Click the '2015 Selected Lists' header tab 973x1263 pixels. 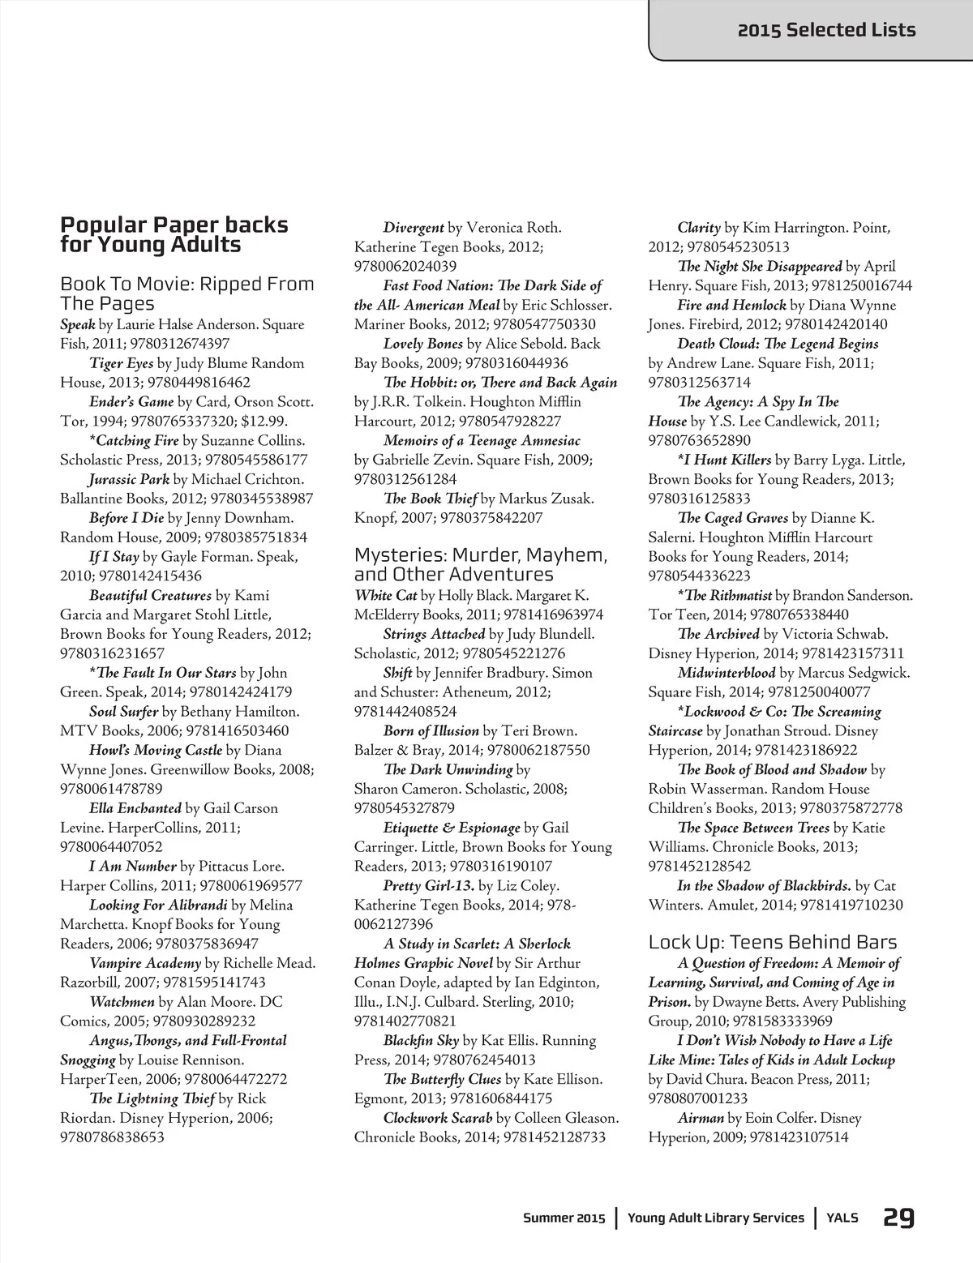[x=825, y=30]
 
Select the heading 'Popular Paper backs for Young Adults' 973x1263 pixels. [x=174, y=234]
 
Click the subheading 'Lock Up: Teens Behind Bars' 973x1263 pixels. [x=772, y=942]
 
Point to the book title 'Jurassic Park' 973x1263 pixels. [x=129, y=479]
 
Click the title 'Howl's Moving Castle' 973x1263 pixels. [x=155, y=750]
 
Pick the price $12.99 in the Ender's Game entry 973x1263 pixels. [x=264, y=421]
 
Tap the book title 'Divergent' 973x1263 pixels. [x=413, y=228]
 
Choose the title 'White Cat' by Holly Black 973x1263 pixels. [x=385, y=595]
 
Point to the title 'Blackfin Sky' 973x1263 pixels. [x=421, y=1040]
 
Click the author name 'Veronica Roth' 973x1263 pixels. [x=515, y=228]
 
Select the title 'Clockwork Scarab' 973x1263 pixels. [x=437, y=1118]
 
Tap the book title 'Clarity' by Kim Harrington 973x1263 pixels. [x=698, y=228]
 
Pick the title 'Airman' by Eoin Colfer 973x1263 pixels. [x=700, y=1118]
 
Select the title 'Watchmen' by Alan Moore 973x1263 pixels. [x=122, y=1002]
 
